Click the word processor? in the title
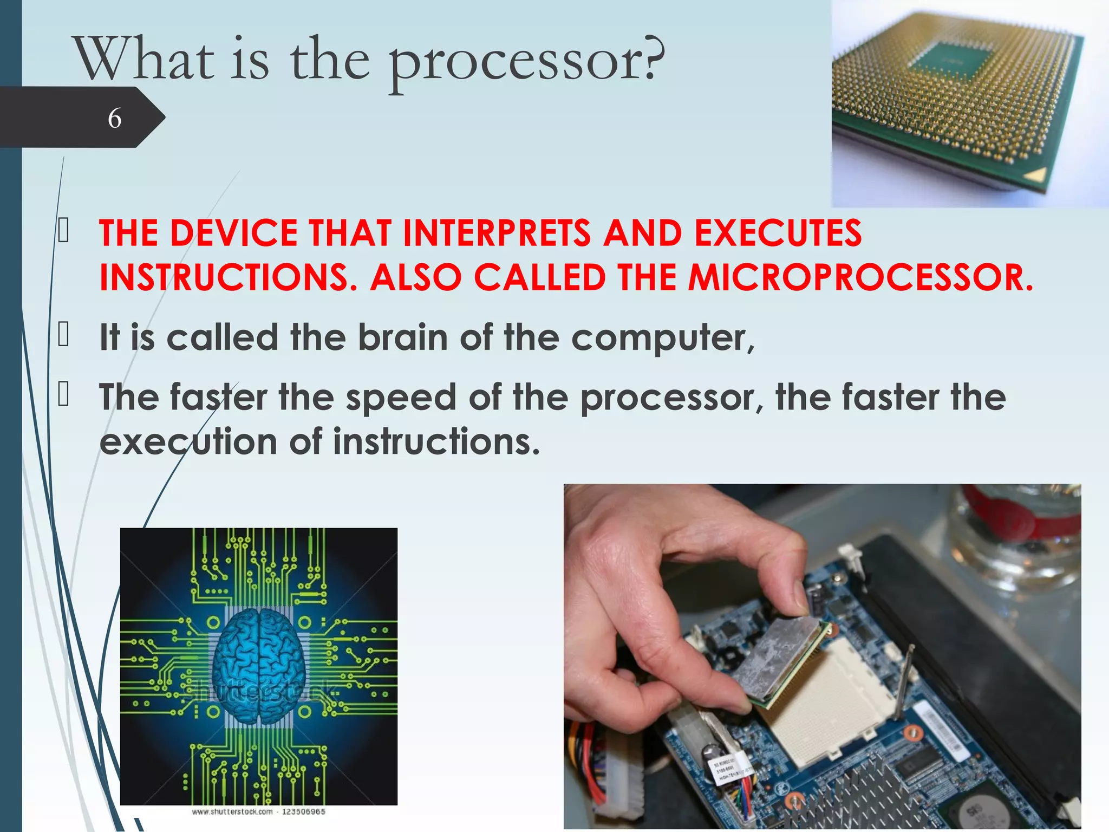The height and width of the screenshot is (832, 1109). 525,62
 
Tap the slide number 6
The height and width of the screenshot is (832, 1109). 114,118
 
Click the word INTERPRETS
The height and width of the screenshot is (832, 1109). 497,233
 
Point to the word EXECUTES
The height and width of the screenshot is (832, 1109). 778,233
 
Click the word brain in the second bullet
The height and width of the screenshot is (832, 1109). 402,337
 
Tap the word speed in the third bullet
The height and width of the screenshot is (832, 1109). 401,397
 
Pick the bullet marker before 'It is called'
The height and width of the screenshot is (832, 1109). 63,334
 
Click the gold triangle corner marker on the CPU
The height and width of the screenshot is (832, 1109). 1036,175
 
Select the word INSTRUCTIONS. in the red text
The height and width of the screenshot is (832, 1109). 227,277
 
